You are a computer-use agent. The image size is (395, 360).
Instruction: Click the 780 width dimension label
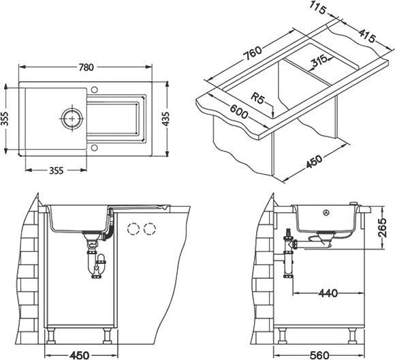86,67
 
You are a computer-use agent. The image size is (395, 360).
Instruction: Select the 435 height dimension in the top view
165,119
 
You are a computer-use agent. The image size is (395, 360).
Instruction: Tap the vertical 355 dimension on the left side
5,119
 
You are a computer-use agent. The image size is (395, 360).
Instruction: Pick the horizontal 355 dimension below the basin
56,170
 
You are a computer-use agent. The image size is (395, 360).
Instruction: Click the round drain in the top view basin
72,119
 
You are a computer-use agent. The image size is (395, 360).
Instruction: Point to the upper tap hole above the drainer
94,89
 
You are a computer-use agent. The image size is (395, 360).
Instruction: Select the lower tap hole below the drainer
94,148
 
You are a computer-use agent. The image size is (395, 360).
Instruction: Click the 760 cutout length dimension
253,53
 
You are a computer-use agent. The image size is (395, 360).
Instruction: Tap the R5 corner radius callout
257,98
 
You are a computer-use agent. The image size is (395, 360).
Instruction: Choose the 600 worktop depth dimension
238,112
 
